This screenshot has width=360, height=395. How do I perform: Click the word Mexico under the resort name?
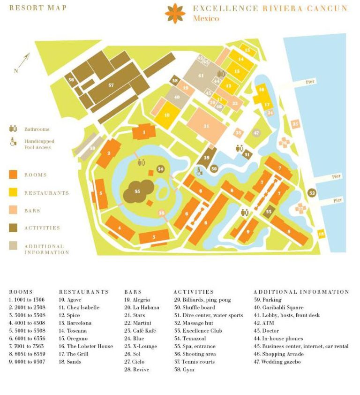(205, 19)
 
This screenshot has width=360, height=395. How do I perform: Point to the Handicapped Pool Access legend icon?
(13, 144)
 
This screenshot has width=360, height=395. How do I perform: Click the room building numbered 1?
(144, 132)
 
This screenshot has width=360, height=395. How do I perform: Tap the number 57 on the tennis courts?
(111, 85)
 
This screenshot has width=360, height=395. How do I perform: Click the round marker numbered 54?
(161, 169)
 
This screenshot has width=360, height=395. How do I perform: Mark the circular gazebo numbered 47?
(256, 133)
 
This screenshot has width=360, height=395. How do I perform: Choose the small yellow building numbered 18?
(322, 234)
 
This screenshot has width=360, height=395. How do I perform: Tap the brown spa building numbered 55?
(137, 191)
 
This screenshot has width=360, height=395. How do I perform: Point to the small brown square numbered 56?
(71, 80)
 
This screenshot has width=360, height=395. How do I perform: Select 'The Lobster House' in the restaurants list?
(86, 346)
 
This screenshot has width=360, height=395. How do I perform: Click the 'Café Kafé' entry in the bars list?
(140, 331)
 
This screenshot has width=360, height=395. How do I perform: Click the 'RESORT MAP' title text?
(38, 8)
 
